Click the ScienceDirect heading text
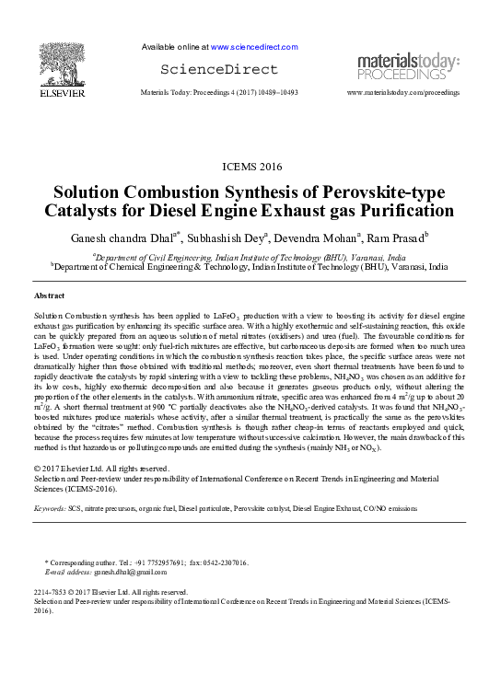click(219, 69)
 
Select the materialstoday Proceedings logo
click(408, 66)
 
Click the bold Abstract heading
click(49, 296)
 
